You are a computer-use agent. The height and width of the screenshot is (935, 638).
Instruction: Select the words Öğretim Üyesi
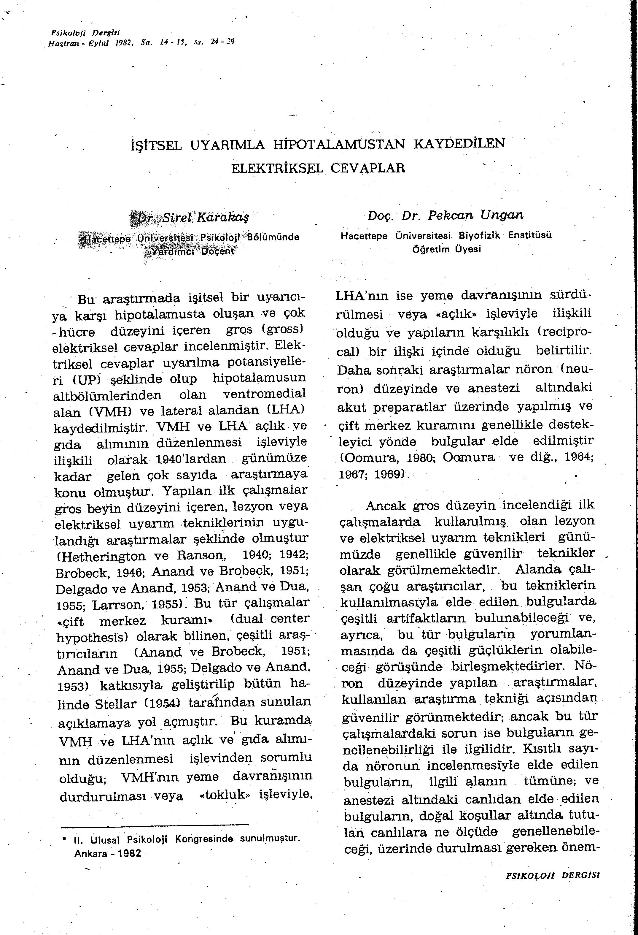[447, 249]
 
